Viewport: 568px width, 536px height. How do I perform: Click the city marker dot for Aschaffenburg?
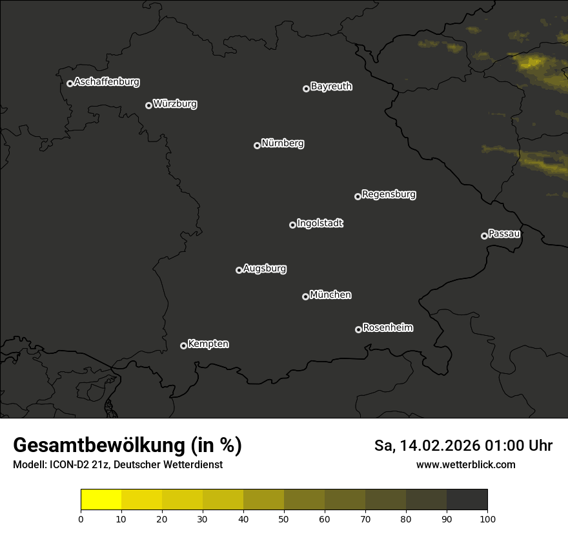(70, 83)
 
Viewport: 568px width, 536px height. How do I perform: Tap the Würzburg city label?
(175, 104)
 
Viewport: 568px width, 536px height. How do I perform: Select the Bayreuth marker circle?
(306, 89)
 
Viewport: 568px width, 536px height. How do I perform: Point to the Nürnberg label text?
(283, 143)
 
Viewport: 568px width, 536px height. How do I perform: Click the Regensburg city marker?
(358, 196)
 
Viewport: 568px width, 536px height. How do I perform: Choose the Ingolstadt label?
(320, 223)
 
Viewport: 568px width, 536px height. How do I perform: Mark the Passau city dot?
(484, 236)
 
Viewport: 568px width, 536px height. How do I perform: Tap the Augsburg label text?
(265, 269)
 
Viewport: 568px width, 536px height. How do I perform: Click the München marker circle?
(305, 297)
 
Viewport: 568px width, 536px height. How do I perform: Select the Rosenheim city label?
(387, 328)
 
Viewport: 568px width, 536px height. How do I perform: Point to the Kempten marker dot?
(183, 345)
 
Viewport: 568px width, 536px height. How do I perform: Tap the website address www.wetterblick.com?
(466, 464)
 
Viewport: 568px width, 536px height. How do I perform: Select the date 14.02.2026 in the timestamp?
(440, 446)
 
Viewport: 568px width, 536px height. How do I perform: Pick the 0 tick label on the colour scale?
(81, 519)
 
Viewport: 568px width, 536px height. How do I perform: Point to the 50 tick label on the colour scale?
(284, 519)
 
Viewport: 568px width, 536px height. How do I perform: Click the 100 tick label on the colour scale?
(487, 519)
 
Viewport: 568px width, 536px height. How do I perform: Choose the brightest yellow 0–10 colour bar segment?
(101, 499)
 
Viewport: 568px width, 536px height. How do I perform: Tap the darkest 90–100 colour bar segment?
(467, 499)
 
